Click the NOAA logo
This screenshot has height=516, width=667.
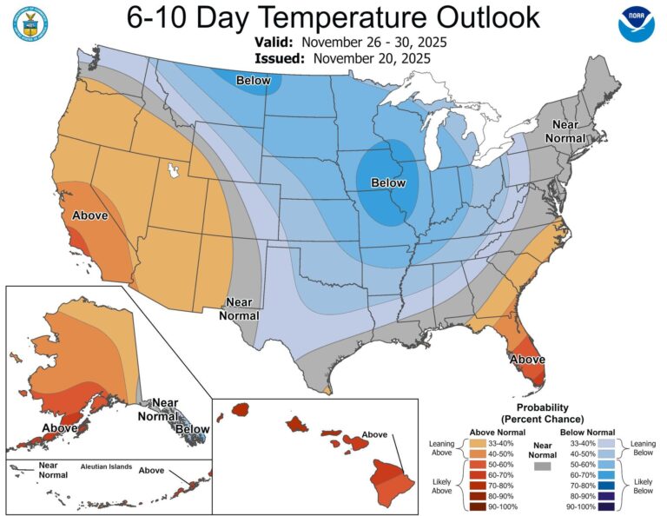coord(636,24)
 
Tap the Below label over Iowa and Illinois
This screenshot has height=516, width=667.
coord(387,183)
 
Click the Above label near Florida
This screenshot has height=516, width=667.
coord(527,359)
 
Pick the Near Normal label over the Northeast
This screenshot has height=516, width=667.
coord(565,130)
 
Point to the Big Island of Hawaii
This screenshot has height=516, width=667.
coord(388,475)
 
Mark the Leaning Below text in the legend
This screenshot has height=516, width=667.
coord(645,448)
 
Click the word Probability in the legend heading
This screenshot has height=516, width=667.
coord(541,407)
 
